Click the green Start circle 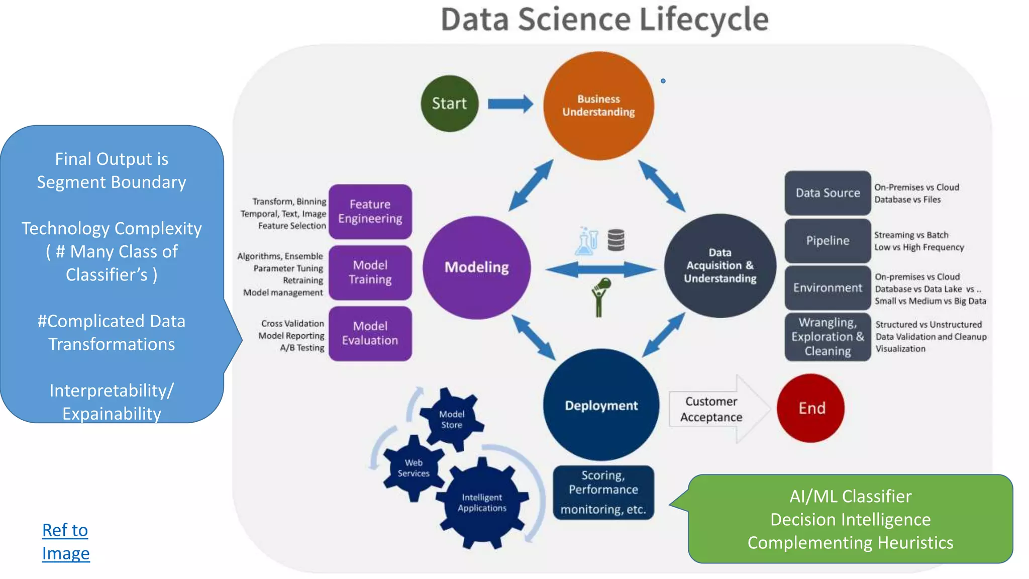(x=449, y=104)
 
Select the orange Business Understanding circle (x=598, y=106)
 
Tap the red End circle (x=810, y=408)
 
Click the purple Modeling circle (x=476, y=267)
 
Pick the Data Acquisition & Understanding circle (x=719, y=266)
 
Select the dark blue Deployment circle (x=601, y=405)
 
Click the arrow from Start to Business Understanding (x=510, y=104)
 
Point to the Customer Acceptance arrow (x=718, y=409)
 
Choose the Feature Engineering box (x=370, y=212)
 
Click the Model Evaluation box (x=370, y=333)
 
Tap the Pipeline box (x=828, y=241)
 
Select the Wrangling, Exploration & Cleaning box (x=828, y=337)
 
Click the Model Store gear (x=451, y=419)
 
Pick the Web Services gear (x=414, y=468)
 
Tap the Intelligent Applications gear (x=482, y=503)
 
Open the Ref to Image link (x=65, y=542)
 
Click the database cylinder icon (x=616, y=240)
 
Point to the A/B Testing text (x=302, y=348)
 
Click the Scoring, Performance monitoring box (x=603, y=493)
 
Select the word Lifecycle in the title (x=703, y=20)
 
